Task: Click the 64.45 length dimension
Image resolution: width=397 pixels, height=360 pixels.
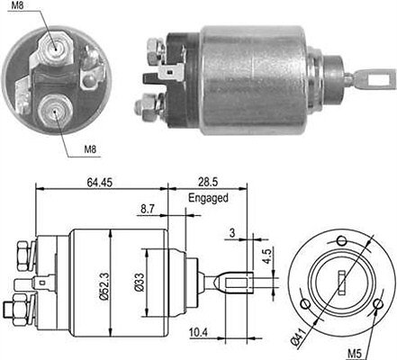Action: [x=100, y=183]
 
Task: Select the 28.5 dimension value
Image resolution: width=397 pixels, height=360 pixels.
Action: [x=208, y=182]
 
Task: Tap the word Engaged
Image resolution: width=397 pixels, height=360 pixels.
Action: [x=208, y=198]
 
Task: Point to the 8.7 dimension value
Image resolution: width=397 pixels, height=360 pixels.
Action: [x=148, y=209]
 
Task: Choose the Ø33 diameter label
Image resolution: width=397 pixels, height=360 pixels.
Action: [x=140, y=283]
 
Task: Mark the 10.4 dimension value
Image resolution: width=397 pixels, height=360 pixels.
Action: [x=198, y=332]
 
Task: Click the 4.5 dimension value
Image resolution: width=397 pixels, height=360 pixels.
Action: [x=266, y=256]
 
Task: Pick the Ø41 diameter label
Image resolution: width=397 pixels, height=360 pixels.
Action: [x=298, y=338]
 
